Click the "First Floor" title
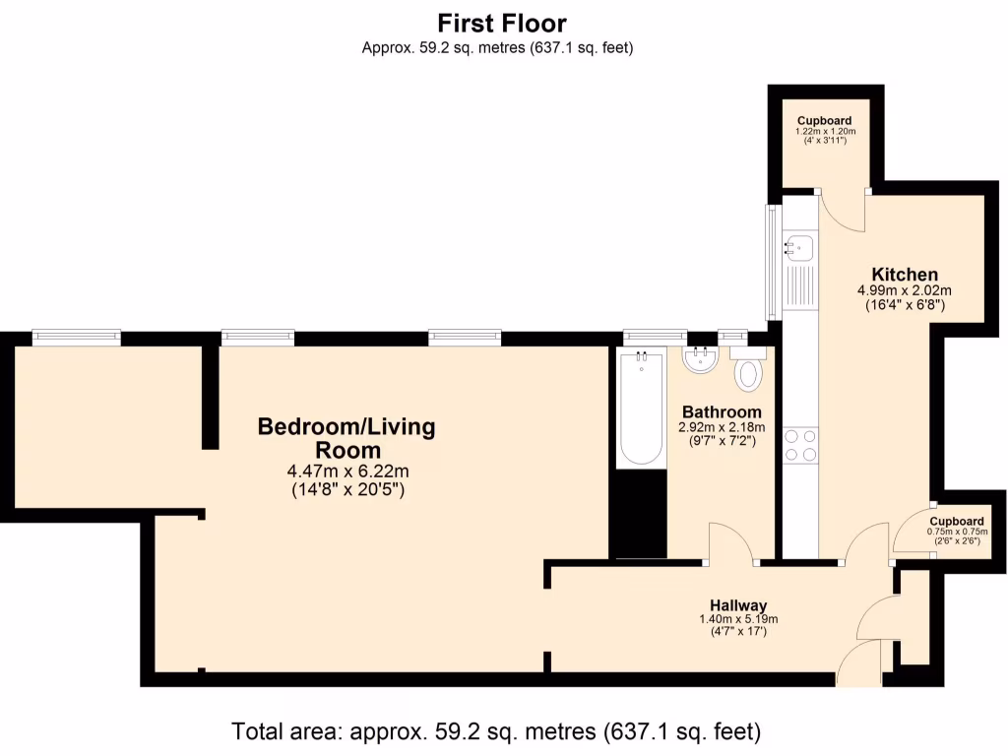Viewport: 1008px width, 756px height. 502,23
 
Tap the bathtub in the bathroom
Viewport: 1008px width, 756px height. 641,409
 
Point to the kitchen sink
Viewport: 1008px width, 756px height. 799,246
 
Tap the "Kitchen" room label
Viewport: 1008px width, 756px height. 904,274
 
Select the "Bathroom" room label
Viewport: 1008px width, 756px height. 722,411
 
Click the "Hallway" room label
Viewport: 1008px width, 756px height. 738,604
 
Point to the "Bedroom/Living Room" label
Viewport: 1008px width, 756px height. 346,438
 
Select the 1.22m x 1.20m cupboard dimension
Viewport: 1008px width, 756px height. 825,131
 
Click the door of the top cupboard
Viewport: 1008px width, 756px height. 843,209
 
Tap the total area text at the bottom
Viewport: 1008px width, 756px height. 497,731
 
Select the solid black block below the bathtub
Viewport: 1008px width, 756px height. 631,514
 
